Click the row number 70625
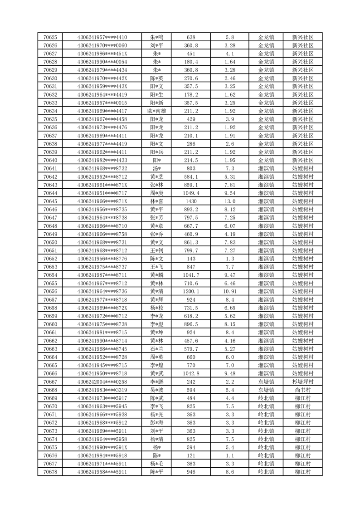tap(50, 37)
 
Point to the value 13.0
tap(230, 201)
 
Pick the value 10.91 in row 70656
tap(230, 292)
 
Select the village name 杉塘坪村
tap(302, 382)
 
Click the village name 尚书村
tap(302, 390)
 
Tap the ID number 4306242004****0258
tap(102, 382)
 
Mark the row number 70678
tap(50, 472)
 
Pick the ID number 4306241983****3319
tap(102, 390)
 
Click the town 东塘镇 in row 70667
tap(266, 382)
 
